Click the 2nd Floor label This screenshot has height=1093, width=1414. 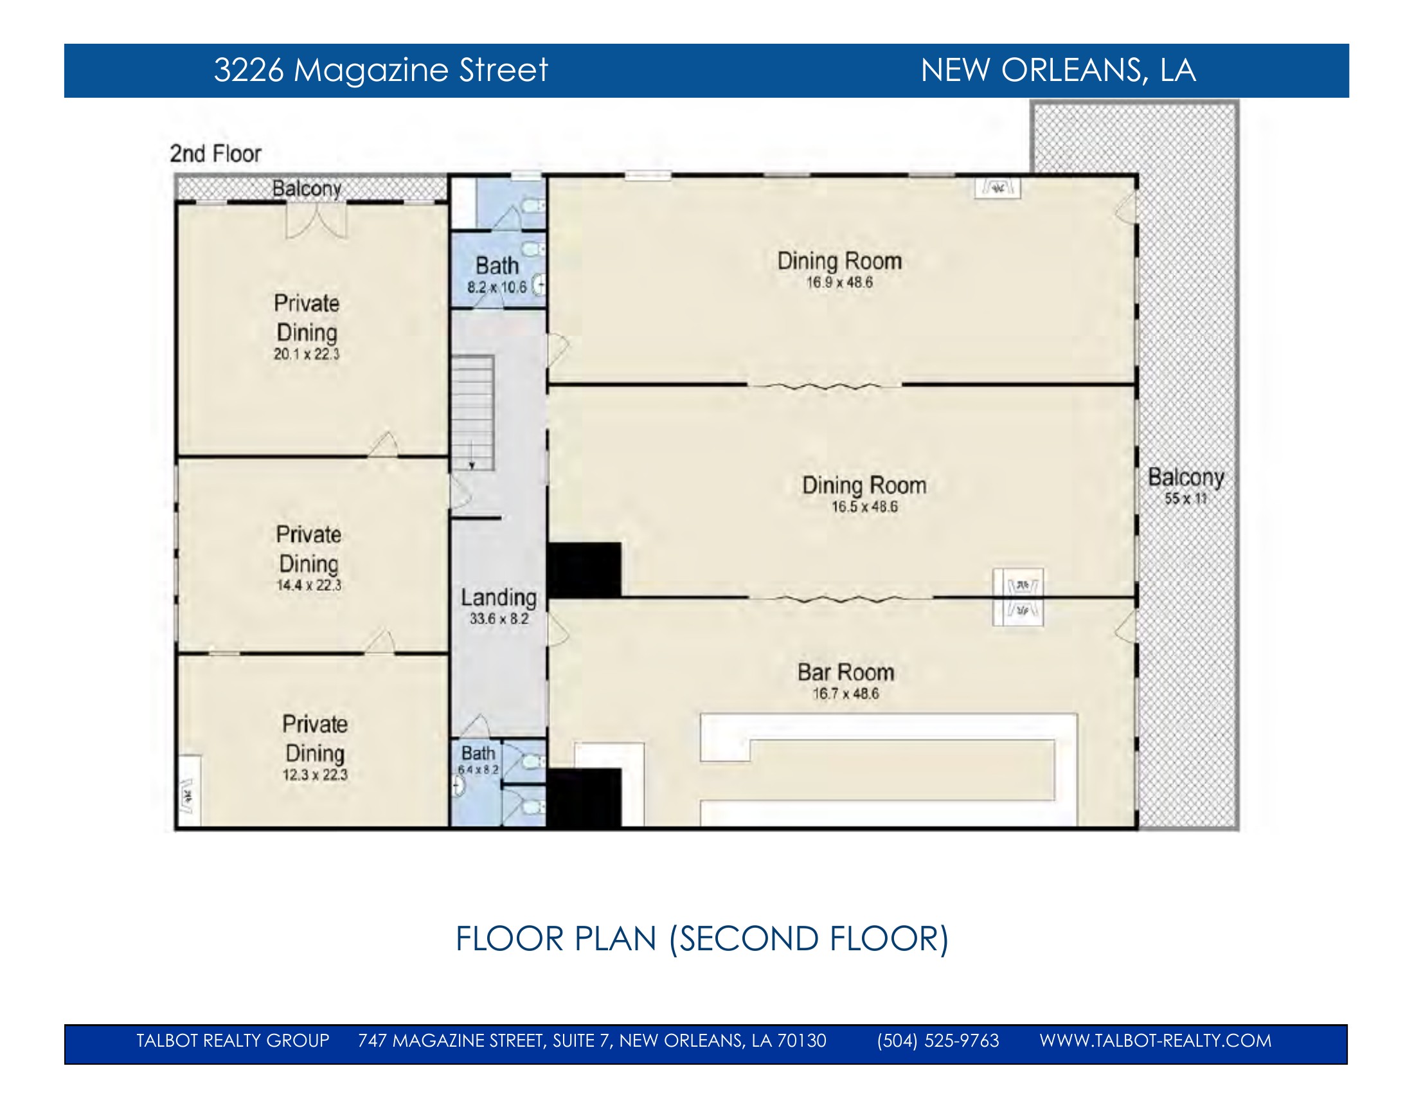(215, 154)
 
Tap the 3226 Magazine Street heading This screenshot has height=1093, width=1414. (380, 70)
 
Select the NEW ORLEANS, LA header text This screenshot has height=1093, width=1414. (1058, 70)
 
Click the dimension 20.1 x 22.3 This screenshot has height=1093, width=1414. (306, 354)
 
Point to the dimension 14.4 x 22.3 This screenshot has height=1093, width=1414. (309, 585)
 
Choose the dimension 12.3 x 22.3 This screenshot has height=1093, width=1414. (315, 775)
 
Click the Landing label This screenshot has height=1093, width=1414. (499, 598)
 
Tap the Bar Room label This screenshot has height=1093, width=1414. (846, 672)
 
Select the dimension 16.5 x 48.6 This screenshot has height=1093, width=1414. (864, 507)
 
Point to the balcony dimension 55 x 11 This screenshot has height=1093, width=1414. (1186, 498)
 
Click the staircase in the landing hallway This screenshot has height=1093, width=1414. (472, 413)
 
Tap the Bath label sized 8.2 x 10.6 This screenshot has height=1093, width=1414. (497, 266)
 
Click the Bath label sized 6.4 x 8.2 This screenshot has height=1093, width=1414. (478, 753)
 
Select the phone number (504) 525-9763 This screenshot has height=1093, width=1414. (938, 1040)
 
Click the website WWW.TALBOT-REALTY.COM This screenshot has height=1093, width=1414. (1155, 1040)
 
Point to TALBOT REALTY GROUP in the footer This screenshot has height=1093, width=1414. (233, 1040)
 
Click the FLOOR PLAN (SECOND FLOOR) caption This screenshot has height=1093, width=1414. (702, 939)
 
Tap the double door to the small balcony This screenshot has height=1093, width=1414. (317, 221)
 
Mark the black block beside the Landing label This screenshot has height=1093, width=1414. (584, 570)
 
